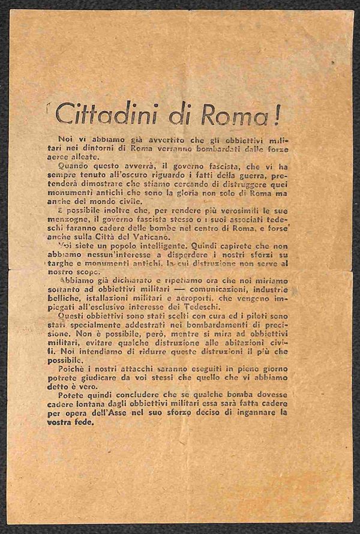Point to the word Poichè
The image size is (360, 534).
(x=89, y=368)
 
